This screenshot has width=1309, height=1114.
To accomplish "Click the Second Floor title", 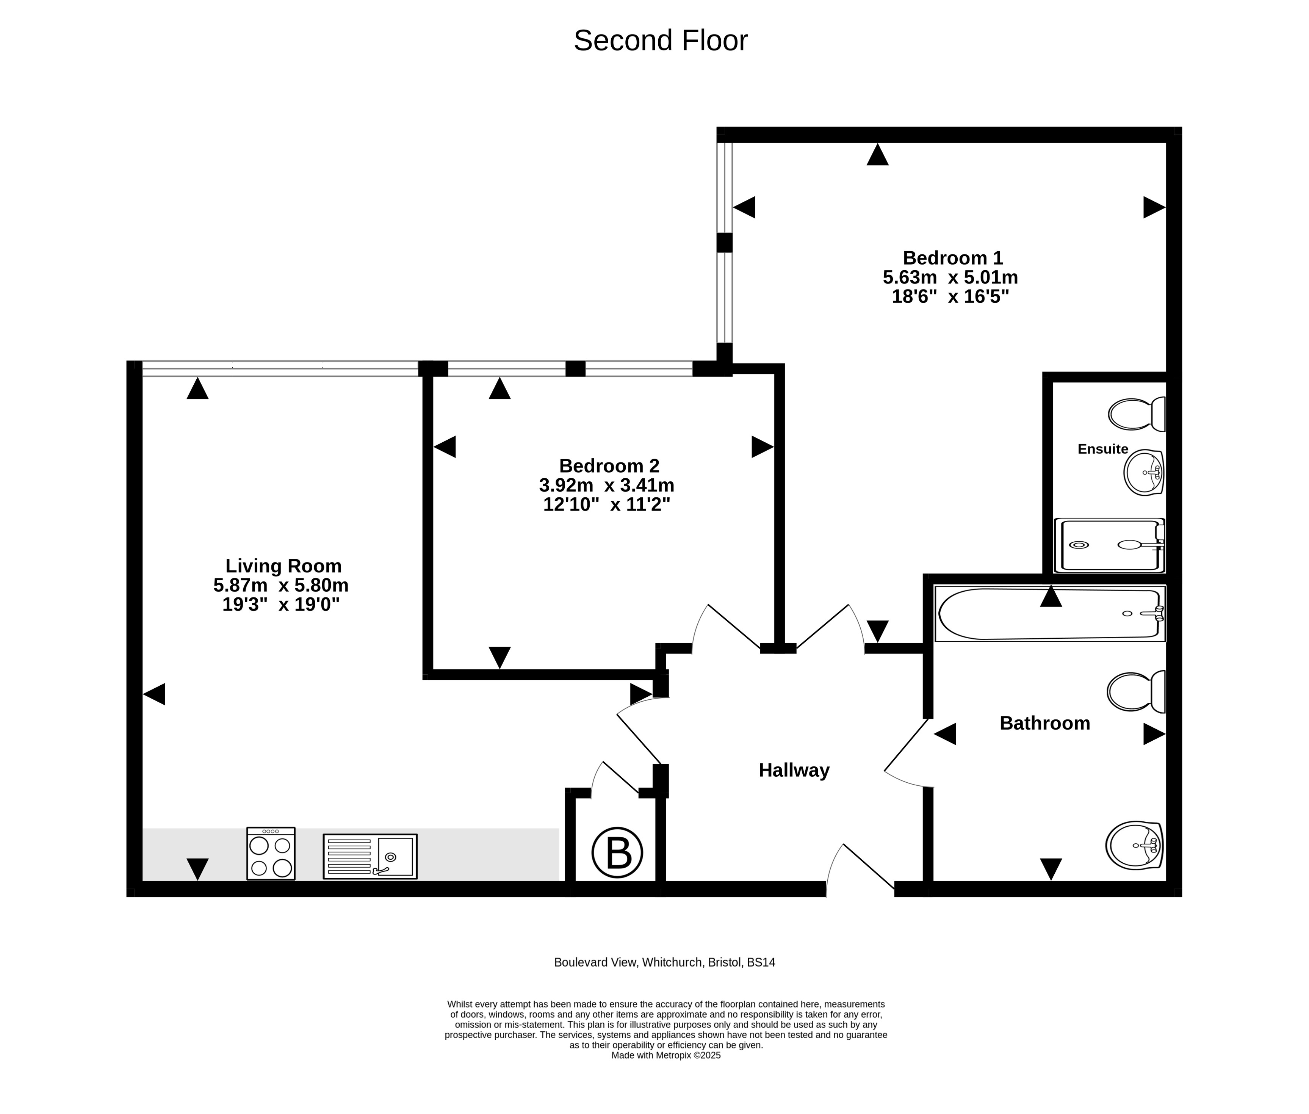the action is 661,41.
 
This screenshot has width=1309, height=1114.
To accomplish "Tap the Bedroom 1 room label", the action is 952,258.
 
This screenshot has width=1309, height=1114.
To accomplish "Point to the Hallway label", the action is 794,771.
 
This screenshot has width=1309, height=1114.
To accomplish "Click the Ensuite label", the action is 1102,449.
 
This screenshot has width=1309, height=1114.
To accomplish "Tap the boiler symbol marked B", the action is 617,852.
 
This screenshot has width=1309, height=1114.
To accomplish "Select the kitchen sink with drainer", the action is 370,856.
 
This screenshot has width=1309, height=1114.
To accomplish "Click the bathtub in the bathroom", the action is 1050,614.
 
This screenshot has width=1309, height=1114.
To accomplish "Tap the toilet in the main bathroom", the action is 1136,691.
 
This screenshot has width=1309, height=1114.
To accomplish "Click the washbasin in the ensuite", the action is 1143,472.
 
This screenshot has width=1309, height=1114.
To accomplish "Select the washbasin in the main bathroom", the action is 1135,845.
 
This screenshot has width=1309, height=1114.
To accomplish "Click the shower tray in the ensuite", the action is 1109,545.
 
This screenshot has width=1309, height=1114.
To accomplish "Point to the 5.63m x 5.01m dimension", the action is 950,277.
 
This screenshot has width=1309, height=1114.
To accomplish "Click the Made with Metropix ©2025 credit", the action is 665,1055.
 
